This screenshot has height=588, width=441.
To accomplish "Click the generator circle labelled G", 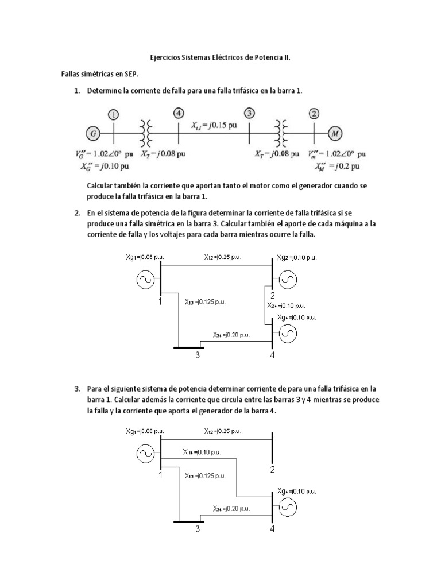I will pyautogui.click(x=92, y=134).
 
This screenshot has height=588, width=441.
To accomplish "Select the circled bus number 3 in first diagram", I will pyautogui.click(x=249, y=113).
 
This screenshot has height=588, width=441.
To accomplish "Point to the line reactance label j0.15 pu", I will pyautogui.click(x=214, y=125).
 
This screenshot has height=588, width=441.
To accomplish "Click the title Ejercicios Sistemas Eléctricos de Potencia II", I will pyautogui.click(x=220, y=58).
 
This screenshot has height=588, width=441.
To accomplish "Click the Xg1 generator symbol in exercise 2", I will pyautogui.click(x=145, y=280).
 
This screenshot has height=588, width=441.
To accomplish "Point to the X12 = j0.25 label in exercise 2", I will pyautogui.click(x=223, y=257).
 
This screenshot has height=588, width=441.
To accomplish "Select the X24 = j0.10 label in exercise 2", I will pyautogui.click(x=285, y=306).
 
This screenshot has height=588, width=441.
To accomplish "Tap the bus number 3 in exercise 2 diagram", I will pyautogui.click(x=197, y=355).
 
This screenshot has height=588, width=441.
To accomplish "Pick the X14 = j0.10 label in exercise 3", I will pyautogui.click(x=202, y=452).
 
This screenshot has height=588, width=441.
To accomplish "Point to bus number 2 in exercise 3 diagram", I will pyautogui.click(x=272, y=470).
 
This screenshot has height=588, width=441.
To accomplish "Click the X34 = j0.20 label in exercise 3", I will pyautogui.click(x=231, y=509).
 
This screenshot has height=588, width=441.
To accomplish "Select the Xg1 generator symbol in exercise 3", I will pyautogui.click(x=145, y=454).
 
